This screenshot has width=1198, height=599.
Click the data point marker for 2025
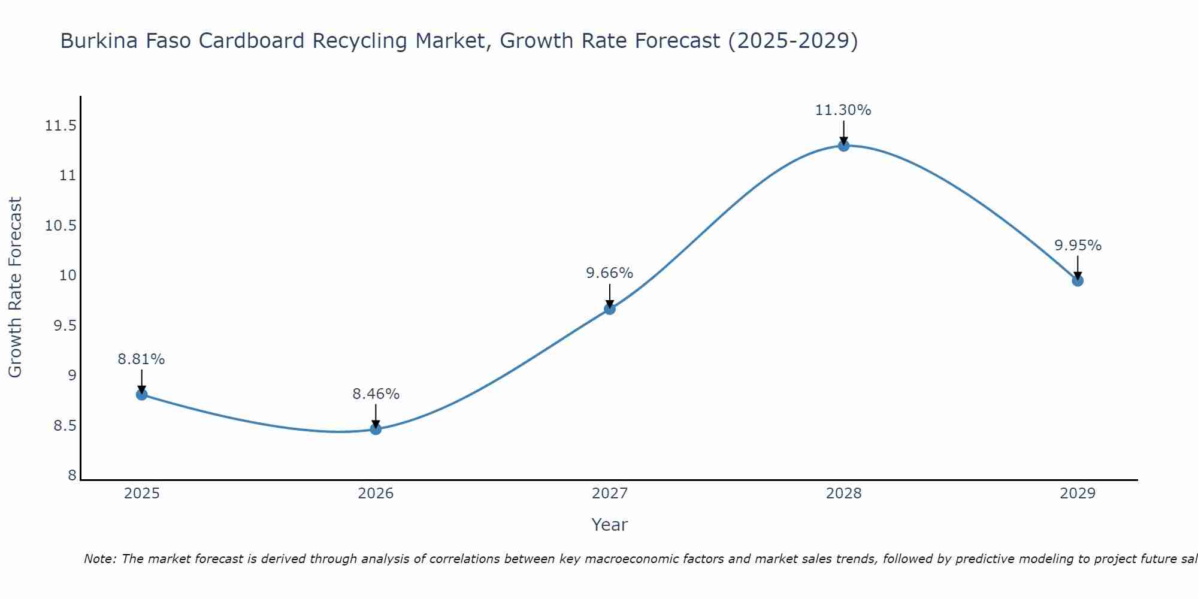point(142,394)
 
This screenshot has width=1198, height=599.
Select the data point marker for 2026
point(376,429)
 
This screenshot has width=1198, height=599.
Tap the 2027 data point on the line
point(610,309)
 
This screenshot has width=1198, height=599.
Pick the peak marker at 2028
point(843,146)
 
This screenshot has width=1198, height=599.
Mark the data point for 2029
point(1078,280)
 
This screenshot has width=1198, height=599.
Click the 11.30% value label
point(843,110)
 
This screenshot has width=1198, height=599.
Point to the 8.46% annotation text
point(376,394)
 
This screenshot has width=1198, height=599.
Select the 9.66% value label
point(609,273)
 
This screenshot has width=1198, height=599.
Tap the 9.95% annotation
point(1078,246)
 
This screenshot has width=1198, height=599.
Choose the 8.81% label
point(141,359)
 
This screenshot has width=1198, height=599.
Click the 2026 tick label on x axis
point(376,494)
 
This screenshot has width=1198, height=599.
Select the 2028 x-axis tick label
point(843,494)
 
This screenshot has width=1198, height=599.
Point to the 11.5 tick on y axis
point(60,126)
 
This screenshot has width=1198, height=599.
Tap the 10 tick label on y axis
point(68,276)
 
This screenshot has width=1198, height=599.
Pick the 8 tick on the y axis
point(72,476)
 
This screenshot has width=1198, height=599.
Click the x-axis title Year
point(609,525)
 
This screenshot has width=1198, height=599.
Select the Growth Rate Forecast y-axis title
point(15,288)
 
